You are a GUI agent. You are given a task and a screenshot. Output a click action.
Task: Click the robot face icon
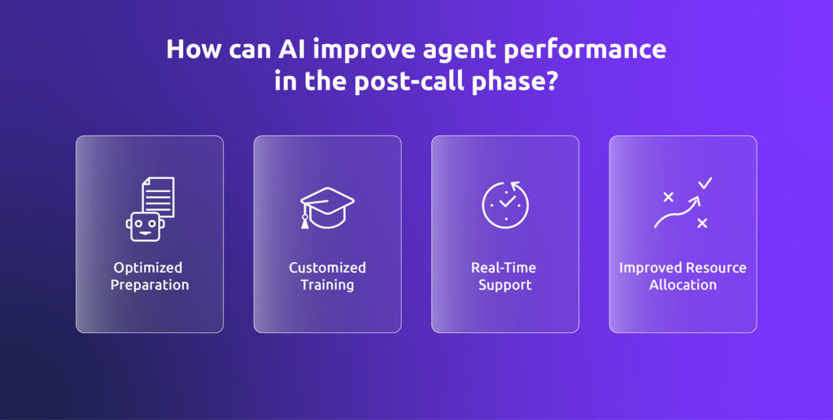[145, 227]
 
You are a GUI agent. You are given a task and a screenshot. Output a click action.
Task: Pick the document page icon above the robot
[158, 196]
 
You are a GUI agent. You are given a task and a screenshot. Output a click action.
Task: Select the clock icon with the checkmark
[505, 204]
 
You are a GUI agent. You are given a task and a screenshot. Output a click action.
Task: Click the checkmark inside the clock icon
[508, 203]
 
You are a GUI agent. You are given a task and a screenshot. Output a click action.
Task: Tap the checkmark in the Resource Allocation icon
[704, 183]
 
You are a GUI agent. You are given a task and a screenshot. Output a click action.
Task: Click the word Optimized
[148, 268]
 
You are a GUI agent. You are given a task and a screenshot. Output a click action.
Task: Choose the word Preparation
[150, 285]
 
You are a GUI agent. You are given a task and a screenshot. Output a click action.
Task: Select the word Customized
[327, 268]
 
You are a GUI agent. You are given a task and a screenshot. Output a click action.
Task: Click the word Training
[327, 285]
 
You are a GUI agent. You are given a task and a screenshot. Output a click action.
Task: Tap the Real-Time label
[504, 268]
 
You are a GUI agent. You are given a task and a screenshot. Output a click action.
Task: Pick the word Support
[504, 285]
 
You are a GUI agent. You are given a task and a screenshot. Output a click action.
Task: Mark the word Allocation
[683, 285]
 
